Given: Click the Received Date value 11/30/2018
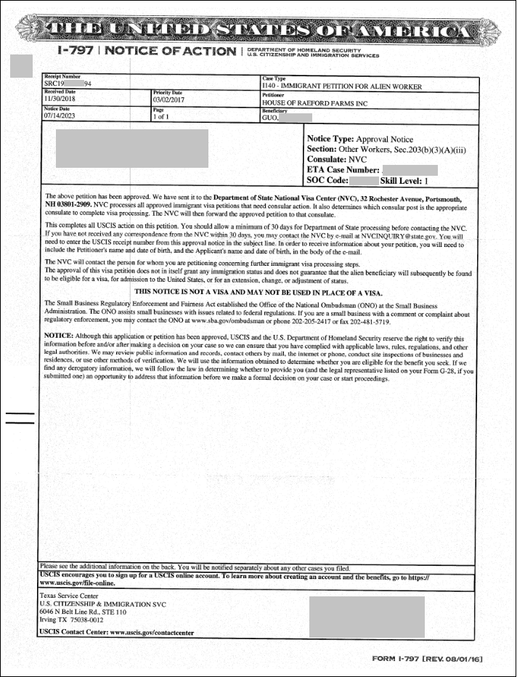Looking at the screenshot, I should coord(60,100).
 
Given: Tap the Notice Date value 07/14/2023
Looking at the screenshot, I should coord(60,115).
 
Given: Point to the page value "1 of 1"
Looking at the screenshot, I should coord(161,115).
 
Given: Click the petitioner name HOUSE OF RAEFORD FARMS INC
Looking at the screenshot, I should coord(315,103).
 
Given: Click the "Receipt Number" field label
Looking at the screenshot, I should coord(62,76).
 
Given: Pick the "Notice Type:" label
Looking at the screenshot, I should coord(320,139).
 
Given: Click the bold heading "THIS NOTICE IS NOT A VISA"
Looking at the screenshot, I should coord(257,291).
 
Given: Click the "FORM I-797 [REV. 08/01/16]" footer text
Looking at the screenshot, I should coord(426,659).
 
